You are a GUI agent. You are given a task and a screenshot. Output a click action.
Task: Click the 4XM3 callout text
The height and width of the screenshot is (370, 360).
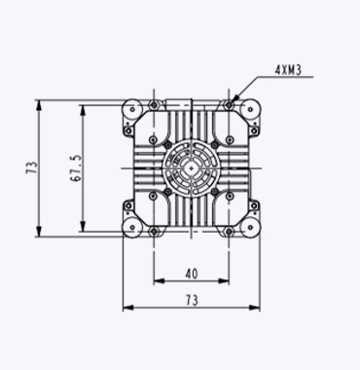tap(288, 70)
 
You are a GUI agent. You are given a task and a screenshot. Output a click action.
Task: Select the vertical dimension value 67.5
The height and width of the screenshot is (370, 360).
tap(77, 167)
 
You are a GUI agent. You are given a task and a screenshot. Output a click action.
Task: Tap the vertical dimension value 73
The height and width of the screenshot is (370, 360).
tap(32, 167)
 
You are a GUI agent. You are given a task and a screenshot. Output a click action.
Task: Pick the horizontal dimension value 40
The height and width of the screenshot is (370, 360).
tap(192, 275)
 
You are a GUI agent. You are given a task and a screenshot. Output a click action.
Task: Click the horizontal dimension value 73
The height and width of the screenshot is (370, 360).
tap(192, 300)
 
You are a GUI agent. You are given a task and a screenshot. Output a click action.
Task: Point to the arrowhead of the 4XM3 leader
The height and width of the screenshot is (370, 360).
tap(234, 97)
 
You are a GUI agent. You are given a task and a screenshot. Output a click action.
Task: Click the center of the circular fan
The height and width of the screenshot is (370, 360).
tap(192, 168)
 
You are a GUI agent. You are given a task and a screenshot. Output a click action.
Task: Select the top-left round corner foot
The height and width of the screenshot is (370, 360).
tap(132, 110)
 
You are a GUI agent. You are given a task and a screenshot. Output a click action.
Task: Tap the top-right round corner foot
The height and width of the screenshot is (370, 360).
tap(251, 109)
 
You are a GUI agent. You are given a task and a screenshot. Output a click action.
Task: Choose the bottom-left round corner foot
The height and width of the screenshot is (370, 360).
tap(132, 227)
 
